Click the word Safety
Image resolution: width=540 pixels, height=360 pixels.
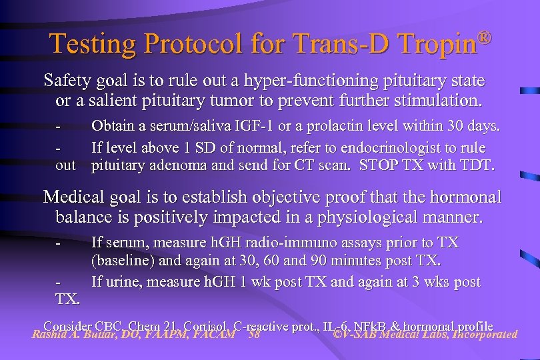pyautogui.click(x=65, y=81)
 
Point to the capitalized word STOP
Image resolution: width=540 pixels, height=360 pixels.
pyautogui.click(x=378, y=165)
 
